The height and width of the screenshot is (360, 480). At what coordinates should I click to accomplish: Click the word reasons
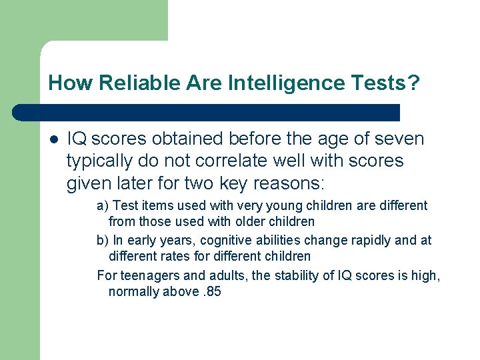pos(293,182)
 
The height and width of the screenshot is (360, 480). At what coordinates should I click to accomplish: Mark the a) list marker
pos(103,206)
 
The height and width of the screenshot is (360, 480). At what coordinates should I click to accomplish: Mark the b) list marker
pos(103,241)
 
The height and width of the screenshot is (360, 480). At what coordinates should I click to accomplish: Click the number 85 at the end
pos(213,291)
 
